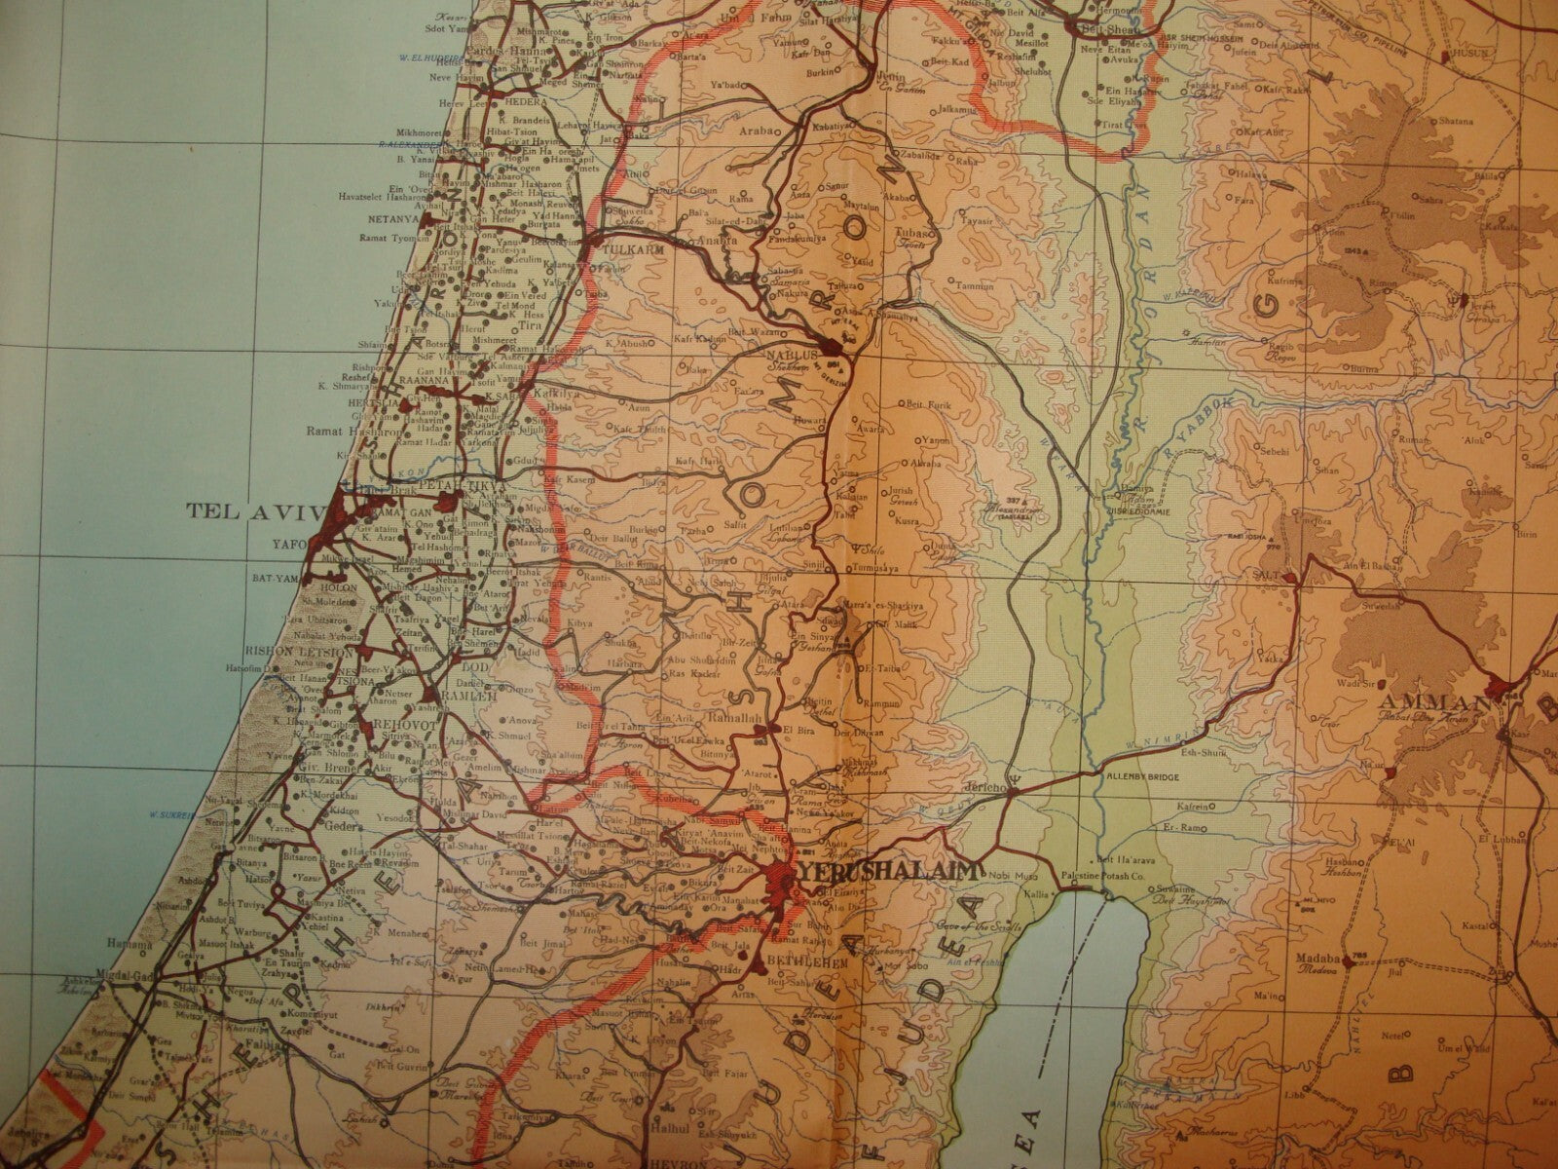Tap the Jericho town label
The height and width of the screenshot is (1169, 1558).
pos(984,785)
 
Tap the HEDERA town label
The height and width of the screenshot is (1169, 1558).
pos(524,100)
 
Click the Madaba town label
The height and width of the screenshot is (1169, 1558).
pos(1317,959)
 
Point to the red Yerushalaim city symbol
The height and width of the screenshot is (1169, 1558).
pos(780,885)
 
